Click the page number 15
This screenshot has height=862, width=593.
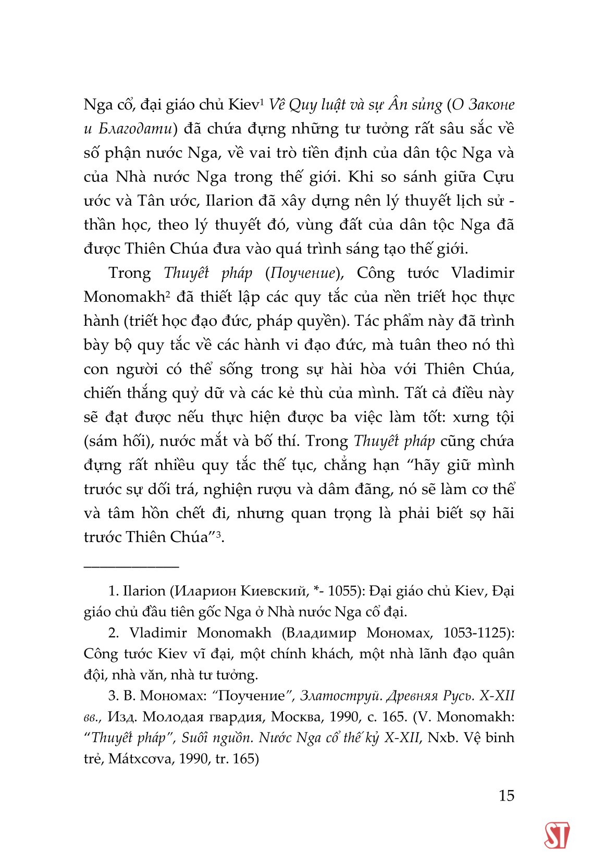click(x=506, y=795)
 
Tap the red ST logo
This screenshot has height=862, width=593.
click(x=556, y=835)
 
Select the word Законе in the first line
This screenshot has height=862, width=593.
click(x=491, y=105)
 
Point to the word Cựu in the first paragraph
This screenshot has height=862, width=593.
click(x=498, y=177)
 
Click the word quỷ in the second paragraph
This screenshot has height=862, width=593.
click(x=188, y=393)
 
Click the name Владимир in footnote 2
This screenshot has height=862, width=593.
click(x=322, y=633)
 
